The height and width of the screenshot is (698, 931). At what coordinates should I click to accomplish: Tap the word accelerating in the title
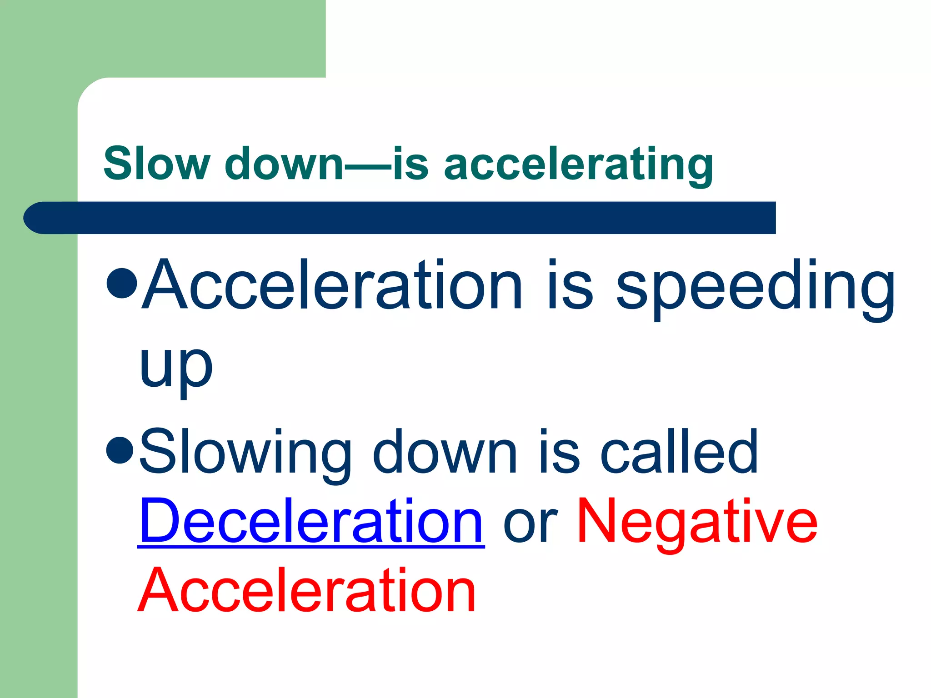578,165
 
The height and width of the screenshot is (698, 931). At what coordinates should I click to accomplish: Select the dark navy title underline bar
400,218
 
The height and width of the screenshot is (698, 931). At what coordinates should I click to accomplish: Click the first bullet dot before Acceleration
122,283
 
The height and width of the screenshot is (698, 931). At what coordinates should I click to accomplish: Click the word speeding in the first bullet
755,286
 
